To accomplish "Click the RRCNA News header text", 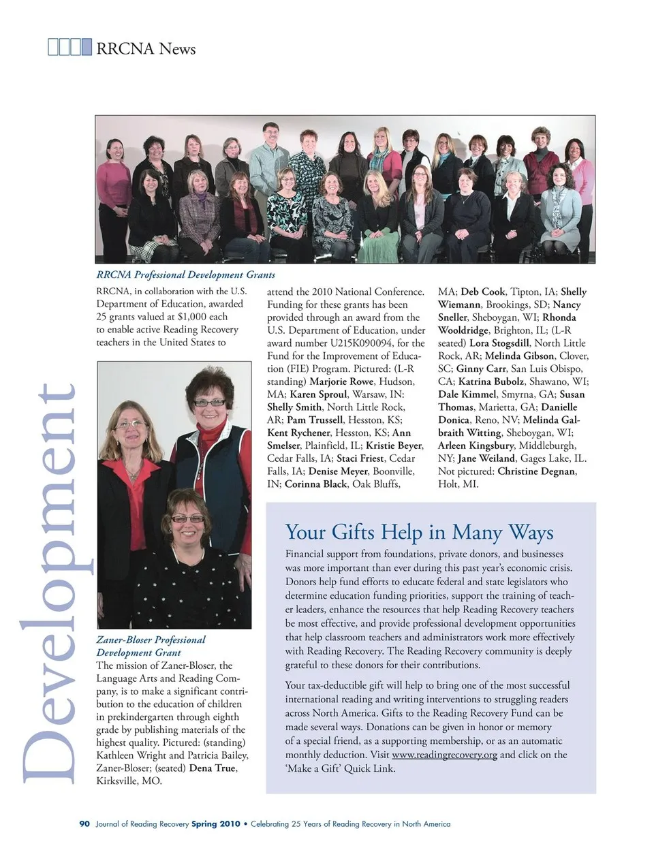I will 146,48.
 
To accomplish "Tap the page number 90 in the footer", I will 84,824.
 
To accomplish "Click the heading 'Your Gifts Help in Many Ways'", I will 419,531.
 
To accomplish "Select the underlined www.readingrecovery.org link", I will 444,755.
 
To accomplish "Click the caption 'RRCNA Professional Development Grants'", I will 185,275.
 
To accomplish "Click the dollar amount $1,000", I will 191,317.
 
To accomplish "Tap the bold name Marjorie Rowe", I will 341,381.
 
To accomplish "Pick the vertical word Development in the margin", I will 49,582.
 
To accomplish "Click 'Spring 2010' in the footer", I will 215,824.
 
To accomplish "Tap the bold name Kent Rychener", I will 298,433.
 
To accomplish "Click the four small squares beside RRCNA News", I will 69,48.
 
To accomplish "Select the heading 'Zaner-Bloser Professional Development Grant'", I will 151,646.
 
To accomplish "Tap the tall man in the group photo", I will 270,161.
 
